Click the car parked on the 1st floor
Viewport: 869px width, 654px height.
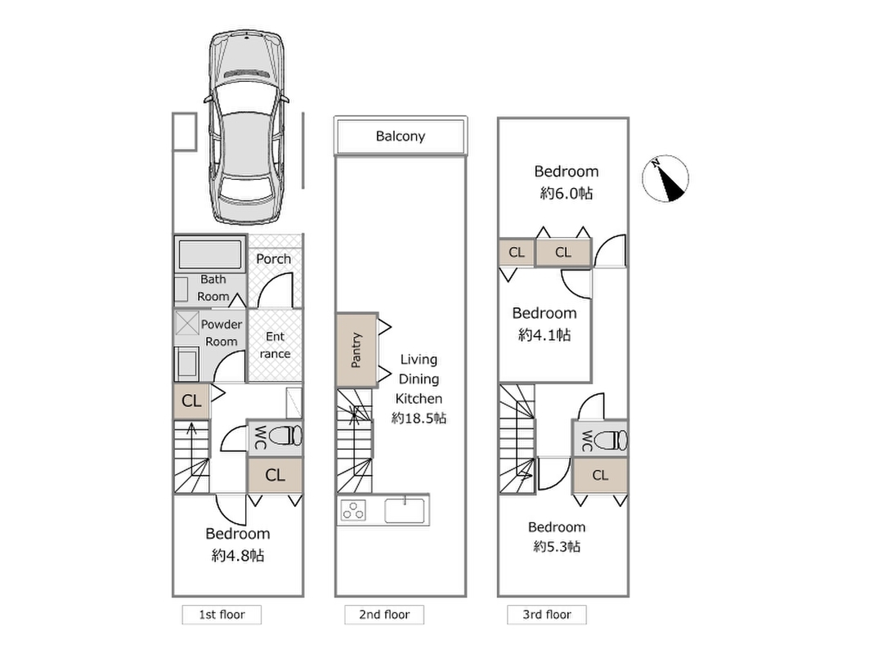tap(247, 128)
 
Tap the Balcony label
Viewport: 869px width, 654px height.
tap(400, 137)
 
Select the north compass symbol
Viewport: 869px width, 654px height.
tap(665, 178)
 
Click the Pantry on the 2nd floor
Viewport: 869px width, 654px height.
tap(357, 350)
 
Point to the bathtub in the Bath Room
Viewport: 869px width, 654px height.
tap(210, 254)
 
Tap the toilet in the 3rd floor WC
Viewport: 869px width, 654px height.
tap(611, 441)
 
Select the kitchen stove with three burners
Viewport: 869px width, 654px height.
tap(353, 510)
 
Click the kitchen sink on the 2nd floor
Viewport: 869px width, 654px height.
tap(405, 510)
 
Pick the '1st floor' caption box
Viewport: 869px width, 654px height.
tap(222, 615)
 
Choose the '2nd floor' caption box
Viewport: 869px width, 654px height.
tap(384, 615)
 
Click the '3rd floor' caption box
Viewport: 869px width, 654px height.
tap(546, 615)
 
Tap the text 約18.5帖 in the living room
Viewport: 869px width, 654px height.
tap(419, 419)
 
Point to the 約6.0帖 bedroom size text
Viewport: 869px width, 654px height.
tap(567, 194)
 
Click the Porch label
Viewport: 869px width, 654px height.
tap(274, 259)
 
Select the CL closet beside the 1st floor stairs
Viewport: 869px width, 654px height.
tap(192, 401)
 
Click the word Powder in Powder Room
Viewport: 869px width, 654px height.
tap(222, 325)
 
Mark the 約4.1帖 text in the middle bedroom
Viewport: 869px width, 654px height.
tap(544, 335)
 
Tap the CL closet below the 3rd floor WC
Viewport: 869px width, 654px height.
tap(600, 476)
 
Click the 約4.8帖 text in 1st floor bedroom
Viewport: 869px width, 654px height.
tap(238, 555)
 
